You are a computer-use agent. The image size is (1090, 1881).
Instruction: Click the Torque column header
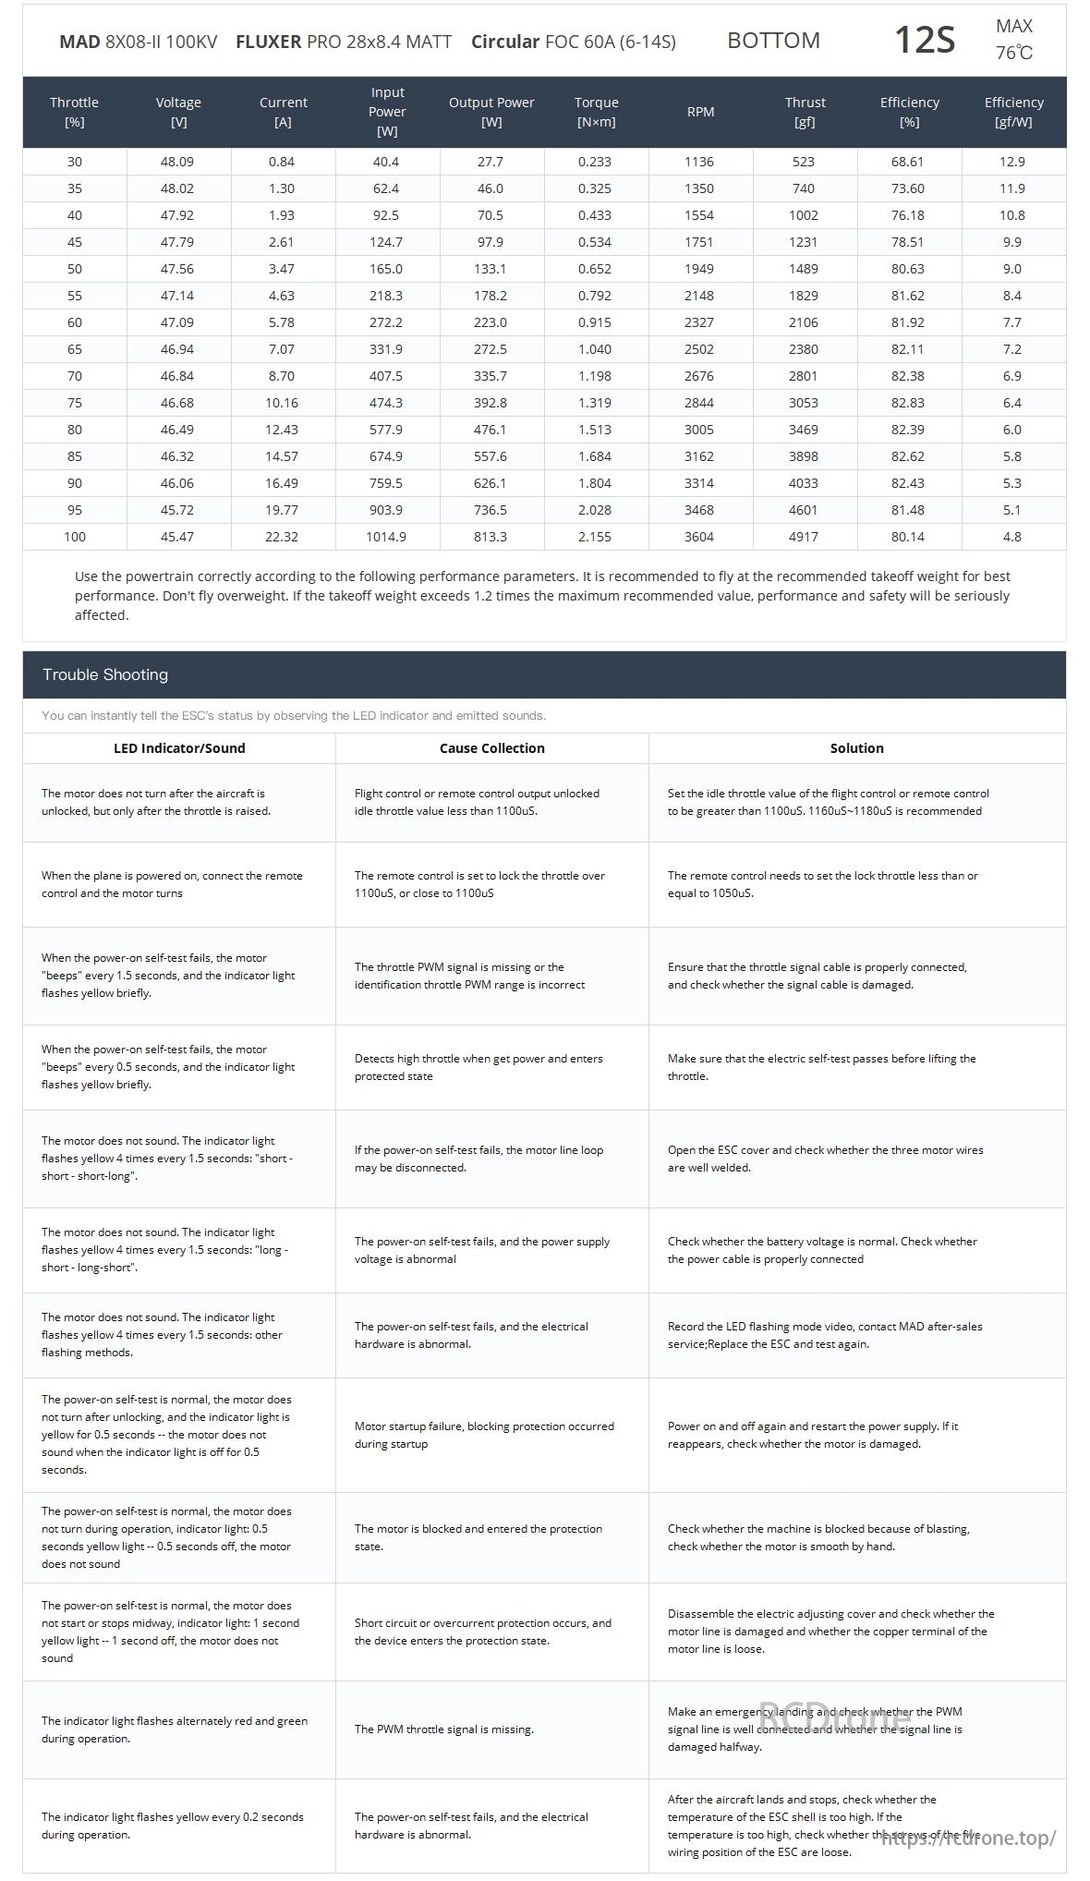(x=596, y=112)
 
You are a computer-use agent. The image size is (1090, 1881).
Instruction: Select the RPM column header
(x=700, y=112)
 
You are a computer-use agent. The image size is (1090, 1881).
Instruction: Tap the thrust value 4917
(x=803, y=537)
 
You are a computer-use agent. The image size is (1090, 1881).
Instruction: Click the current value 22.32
(x=281, y=537)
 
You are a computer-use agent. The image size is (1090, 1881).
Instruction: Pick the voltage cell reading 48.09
(x=177, y=162)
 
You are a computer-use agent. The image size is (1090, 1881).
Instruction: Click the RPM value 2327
(x=698, y=322)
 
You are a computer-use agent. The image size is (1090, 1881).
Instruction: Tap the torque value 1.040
(x=595, y=349)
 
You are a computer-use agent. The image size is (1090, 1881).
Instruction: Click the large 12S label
(x=924, y=41)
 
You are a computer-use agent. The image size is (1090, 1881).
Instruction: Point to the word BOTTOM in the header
(x=773, y=41)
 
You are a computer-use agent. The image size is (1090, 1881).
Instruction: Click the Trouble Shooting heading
(x=105, y=674)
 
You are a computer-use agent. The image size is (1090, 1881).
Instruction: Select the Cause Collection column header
(x=491, y=748)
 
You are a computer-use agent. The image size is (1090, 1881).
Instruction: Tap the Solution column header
(x=856, y=748)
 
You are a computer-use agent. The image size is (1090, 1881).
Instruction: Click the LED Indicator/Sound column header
(x=179, y=748)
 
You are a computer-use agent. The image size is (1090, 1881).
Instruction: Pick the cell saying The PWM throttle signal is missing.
(x=444, y=1729)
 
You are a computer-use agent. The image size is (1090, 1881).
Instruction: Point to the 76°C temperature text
(x=1013, y=53)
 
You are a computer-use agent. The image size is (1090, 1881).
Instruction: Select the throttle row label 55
(x=75, y=296)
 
